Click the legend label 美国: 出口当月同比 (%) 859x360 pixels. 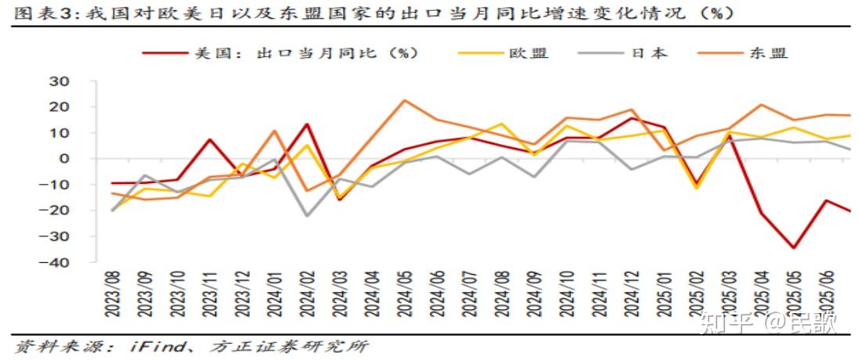[305, 53]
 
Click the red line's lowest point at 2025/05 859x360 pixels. [793, 248]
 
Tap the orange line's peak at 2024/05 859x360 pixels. [404, 100]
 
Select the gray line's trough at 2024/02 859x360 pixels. [307, 216]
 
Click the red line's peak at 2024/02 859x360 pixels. [307, 124]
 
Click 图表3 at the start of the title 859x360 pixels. [38, 13]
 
